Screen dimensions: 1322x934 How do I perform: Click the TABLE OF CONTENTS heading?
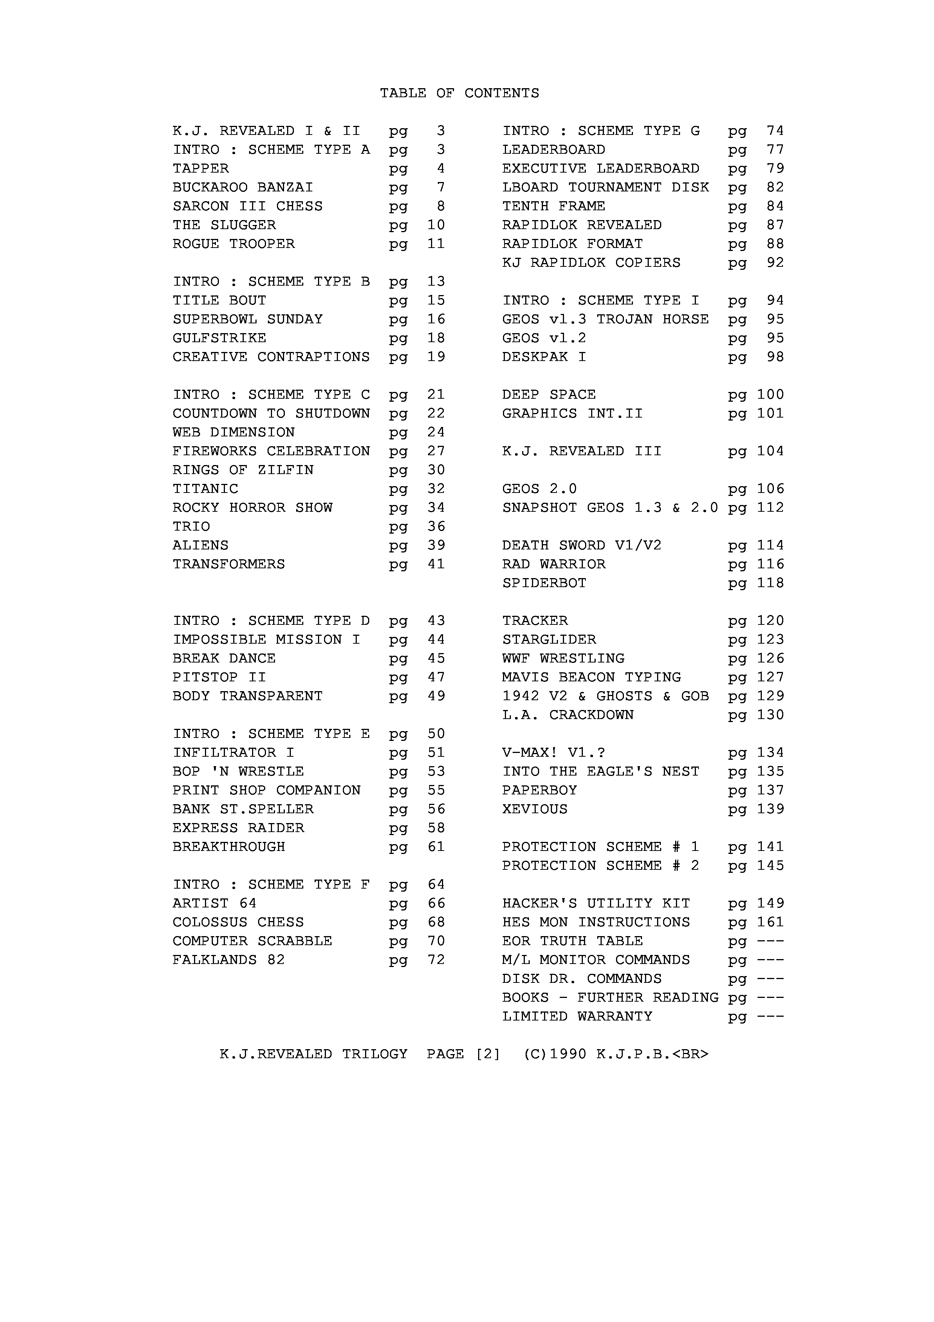coord(459,93)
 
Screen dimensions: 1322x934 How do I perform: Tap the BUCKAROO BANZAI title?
coord(243,188)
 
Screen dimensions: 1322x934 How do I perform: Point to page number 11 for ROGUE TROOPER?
coord(436,244)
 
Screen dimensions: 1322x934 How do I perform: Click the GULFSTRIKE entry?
coord(219,338)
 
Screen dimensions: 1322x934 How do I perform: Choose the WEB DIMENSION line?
coord(234,432)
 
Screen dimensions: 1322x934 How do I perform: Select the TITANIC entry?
coord(205,489)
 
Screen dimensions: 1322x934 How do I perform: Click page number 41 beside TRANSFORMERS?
coord(436,564)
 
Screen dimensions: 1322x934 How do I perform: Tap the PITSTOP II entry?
coord(219,677)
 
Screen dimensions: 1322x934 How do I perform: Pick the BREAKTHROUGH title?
coord(229,847)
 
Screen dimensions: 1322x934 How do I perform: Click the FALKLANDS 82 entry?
coord(229,960)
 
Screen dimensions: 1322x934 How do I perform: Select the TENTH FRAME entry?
coord(553,206)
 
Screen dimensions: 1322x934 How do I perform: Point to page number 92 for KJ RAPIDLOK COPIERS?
coord(775,263)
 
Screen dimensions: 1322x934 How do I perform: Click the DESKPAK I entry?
coord(544,357)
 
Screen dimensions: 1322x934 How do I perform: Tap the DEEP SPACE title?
coord(549,395)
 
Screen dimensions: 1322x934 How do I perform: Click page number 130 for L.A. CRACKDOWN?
coord(770,715)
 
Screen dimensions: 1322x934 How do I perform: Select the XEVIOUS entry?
coord(535,809)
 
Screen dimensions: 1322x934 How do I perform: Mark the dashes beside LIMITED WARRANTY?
coord(770,1017)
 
